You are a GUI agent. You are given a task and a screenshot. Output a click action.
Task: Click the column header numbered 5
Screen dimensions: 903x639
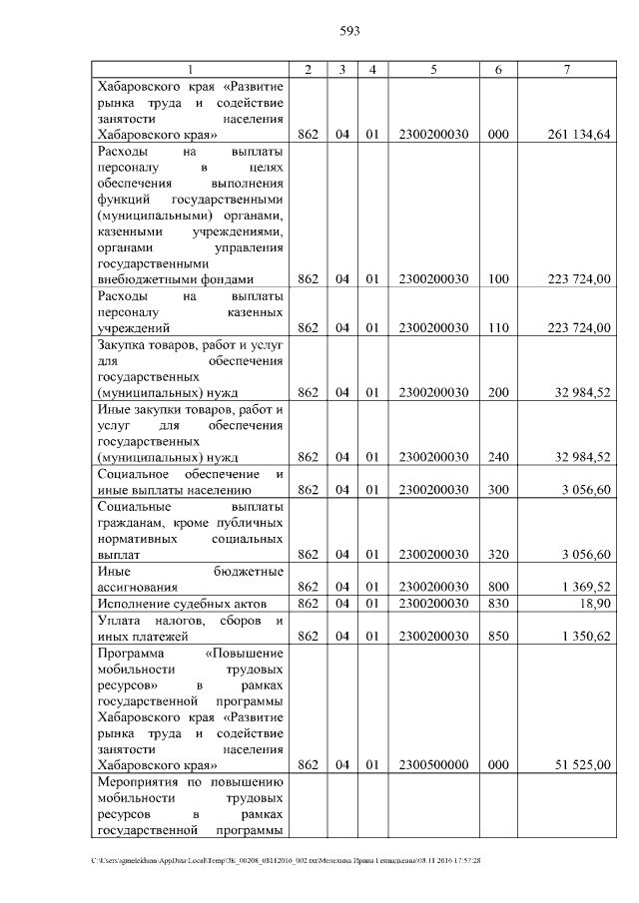click(433, 69)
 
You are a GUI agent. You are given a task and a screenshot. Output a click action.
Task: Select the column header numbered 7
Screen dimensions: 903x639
click(566, 69)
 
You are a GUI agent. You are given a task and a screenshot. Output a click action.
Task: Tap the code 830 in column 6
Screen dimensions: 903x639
click(497, 604)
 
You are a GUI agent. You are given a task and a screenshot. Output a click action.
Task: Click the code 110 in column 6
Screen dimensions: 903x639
click(497, 327)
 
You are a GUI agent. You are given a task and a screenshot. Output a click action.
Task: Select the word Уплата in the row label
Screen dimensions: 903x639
click(118, 620)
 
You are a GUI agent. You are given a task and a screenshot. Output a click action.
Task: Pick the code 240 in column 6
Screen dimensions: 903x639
click(497, 457)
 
